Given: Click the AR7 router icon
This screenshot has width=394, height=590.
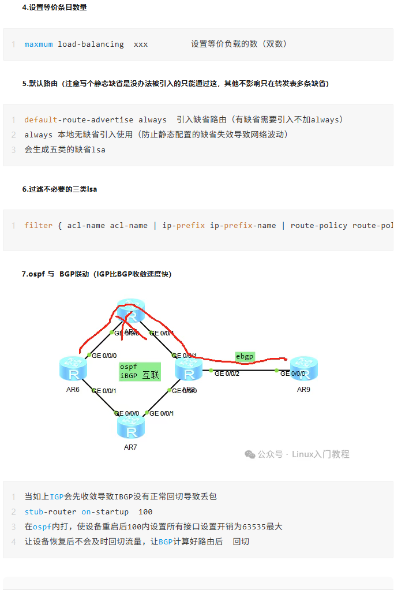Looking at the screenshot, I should (131, 428).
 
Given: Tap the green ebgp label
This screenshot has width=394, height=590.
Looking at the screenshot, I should (245, 357).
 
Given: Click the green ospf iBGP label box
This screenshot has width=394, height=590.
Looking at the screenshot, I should (140, 371).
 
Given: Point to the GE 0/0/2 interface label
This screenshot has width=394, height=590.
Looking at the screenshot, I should (227, 374).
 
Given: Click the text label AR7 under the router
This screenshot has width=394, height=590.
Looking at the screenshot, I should (130, 447).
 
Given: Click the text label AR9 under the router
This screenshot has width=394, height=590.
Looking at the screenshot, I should (303, 389).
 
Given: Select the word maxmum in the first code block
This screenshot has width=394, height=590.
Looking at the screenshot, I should (38, 44).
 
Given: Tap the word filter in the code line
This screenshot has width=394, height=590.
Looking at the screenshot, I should (38, 226).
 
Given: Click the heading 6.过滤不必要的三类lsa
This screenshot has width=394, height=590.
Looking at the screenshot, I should (59, 189).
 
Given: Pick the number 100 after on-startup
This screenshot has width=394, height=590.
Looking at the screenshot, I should (145, 511).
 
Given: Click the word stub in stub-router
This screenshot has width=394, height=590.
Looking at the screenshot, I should (33, 511).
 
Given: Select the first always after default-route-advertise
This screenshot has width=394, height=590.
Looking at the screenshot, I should (152, 120).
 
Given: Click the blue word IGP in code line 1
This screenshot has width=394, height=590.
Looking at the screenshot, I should (57, 496).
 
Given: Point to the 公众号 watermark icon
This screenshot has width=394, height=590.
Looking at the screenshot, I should (250, 454).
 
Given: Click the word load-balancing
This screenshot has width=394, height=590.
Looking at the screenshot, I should (91, 44).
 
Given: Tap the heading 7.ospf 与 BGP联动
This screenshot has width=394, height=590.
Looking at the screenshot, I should (96, 274).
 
